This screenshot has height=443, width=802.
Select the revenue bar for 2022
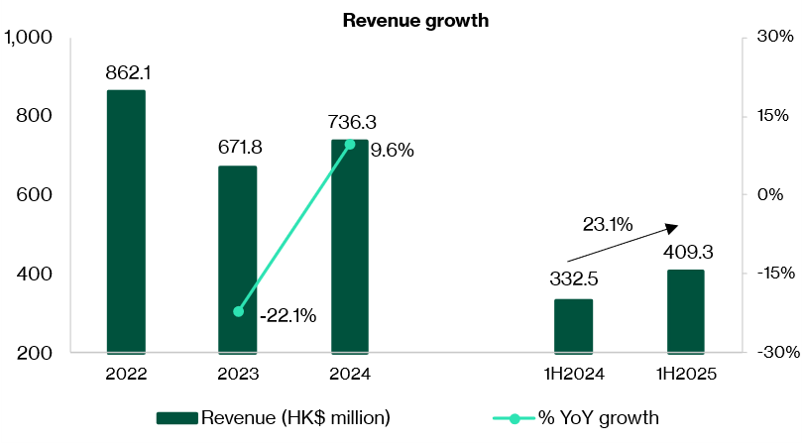pyautogui.click(x=126, y=221)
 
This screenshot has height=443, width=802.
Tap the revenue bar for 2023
pyautogui.click(x=238, y=259)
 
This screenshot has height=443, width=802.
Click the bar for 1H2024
pyautogui.click(x=573, y=325)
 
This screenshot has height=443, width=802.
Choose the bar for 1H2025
pyautogui.click(x=685, y=310)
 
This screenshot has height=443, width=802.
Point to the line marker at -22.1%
pyautogui.click(x=238, y=311)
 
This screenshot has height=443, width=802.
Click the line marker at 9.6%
pyautogui.click(x=350, y=145)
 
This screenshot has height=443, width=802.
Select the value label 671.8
pyautogui.click(x=238, y=148)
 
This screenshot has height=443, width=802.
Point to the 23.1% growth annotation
pyautogui.click(x=608, y=225)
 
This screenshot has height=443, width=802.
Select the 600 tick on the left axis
pyautogui.click(x=36, y=195)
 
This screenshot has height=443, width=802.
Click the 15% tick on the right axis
pyautogui.click(x=772, y=116)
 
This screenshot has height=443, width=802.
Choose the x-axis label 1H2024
pyautogui.click(x=573, y=376)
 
